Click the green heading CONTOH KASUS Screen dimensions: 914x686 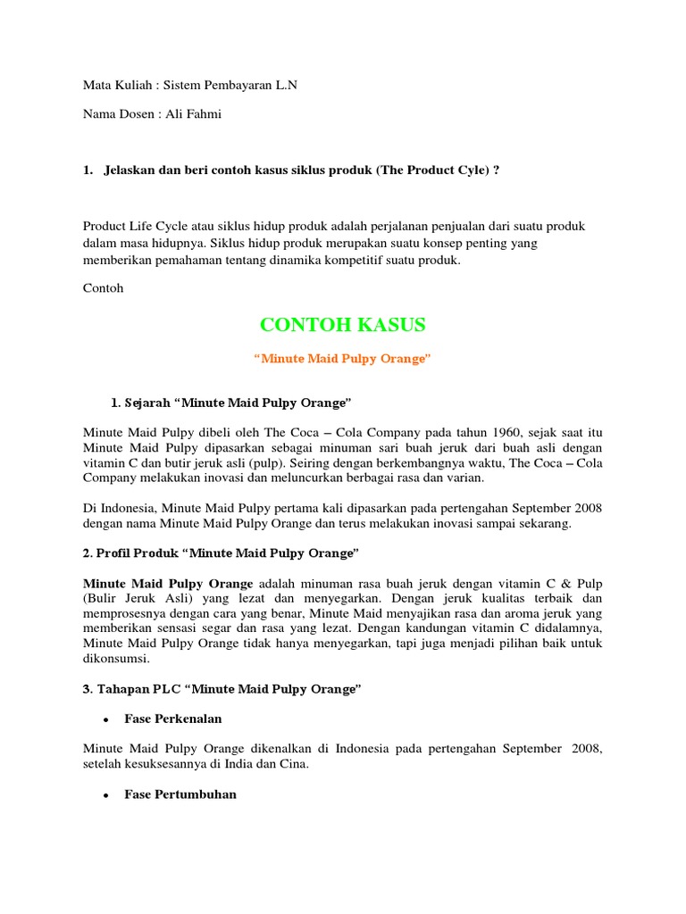point(342,324)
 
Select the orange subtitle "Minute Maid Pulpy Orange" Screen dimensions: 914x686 point(342,359)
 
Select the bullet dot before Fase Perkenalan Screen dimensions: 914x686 point(105,719)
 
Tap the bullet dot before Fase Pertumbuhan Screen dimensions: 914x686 point(105,794)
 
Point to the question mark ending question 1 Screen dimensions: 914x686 point(496,170)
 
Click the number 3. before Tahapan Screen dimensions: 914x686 point(88,689)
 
